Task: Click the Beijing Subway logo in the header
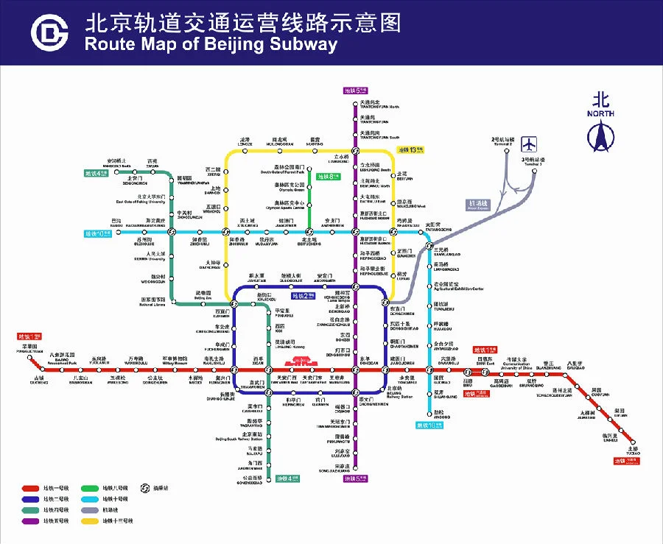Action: [49, 32]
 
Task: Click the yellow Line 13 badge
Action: [411, 149]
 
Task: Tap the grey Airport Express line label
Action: [478, 204]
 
